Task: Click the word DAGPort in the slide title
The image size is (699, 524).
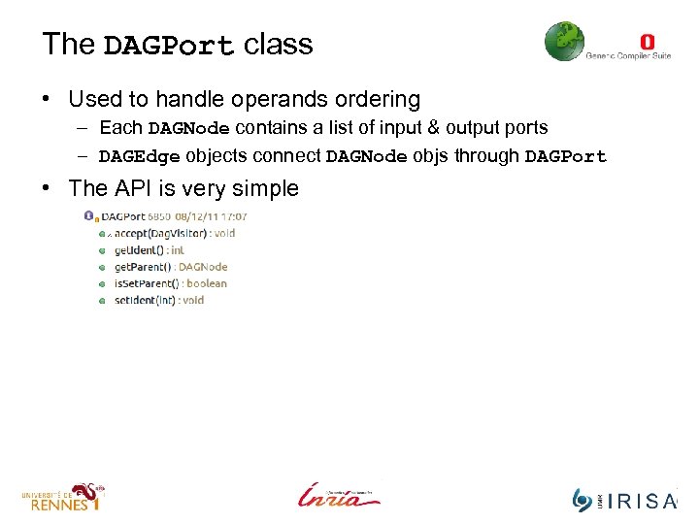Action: [x=169, y=46]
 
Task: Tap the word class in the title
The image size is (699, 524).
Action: [x=279, y=45]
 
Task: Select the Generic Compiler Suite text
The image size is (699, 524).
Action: [x=627, y=56]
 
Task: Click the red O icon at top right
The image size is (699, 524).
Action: [x=648, y=41]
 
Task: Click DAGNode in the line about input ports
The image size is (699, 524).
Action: [x=188, y=128]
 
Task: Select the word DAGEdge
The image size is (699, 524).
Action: [x=139, y=156]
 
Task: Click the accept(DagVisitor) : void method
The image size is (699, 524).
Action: [x=174, y=233]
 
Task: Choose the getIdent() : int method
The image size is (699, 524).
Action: [x=149, y=249]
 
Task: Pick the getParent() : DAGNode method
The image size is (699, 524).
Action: [x=170, y=266]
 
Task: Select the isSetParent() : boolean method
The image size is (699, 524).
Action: [x=170, y=283]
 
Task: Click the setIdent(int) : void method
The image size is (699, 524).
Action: [x=158, y=300]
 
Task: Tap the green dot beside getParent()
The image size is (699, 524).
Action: [x=102, y=267]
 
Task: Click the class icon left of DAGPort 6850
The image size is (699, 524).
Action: [x=90, y=216]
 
